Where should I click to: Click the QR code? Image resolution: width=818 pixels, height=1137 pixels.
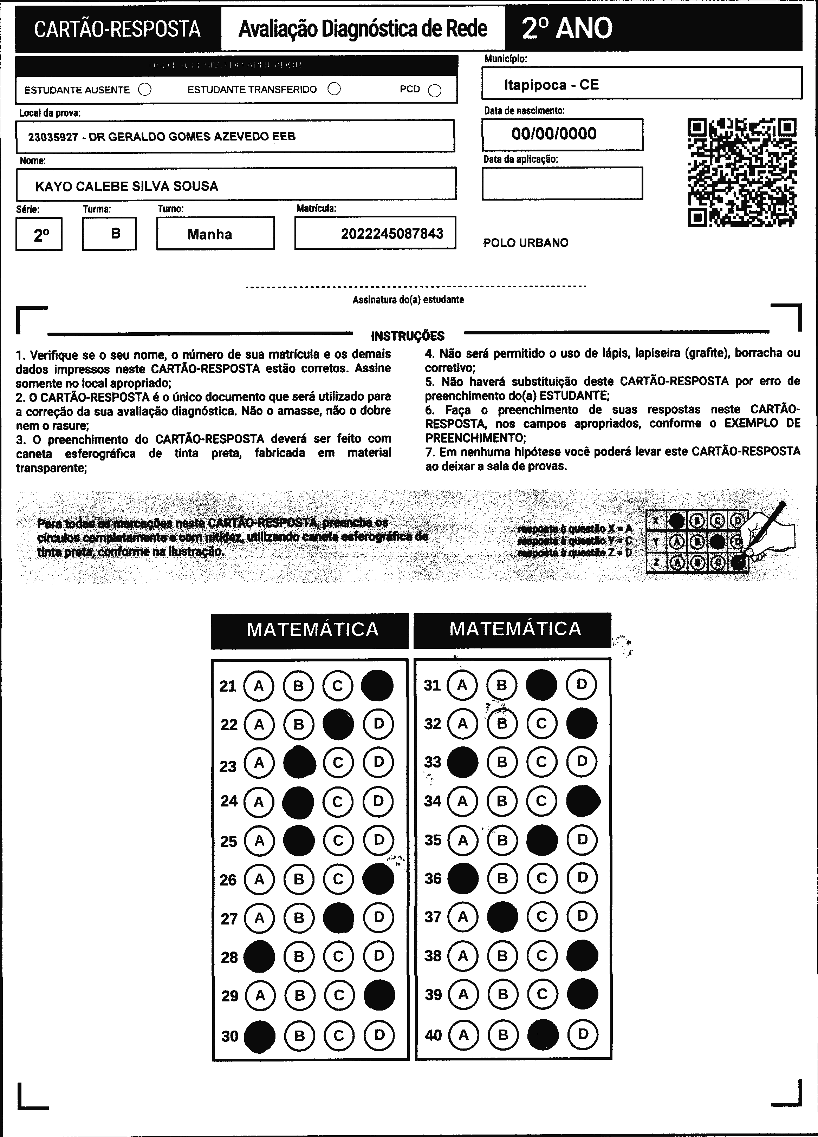coord(742,172)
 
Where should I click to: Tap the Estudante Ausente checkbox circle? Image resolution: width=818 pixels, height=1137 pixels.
coord(145,90)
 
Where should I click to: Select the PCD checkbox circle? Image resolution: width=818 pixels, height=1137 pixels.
coord(435,90)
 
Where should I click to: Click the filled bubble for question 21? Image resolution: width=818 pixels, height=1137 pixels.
coord(377,685)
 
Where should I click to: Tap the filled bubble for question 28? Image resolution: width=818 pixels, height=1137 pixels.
coord(259,956)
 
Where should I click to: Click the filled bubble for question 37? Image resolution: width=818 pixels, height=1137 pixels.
coord(502,917)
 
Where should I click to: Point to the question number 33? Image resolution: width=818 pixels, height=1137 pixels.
coord(432,762)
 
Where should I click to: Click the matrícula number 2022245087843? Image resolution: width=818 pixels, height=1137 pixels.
coord(392,234)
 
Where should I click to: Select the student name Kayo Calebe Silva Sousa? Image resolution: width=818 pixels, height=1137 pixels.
coord(126,187)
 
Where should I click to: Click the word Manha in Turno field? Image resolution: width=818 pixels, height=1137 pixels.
coord(210,234)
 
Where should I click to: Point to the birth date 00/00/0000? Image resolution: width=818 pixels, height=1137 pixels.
coord(554,134)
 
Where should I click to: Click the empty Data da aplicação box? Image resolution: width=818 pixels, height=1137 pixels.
coord(562,183)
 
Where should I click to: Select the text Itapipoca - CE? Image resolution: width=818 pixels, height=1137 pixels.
coord(551,85)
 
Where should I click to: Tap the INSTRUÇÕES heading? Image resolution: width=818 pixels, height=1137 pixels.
coord(407,336)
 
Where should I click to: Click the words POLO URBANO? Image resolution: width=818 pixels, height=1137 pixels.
coord(526,243)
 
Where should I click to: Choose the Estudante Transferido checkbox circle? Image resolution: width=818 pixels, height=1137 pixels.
coord(334,89)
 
